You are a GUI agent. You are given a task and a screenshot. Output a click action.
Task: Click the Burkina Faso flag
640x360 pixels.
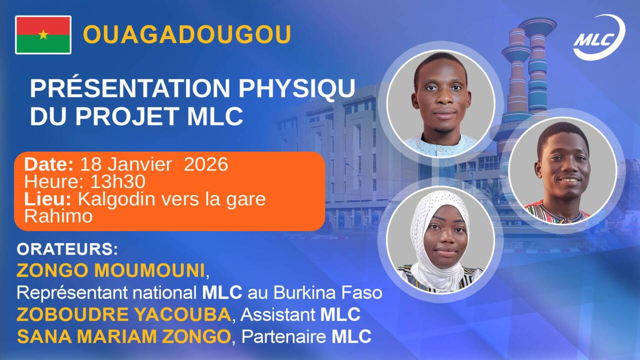coord(43,34)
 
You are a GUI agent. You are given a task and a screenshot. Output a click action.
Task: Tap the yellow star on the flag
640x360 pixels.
coord(43,34)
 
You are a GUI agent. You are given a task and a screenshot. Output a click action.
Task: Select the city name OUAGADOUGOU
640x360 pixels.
coord(186,34)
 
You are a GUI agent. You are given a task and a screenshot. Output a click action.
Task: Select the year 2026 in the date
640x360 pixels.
coord(206,164)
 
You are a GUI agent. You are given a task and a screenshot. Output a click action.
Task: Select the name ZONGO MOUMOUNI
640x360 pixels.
coord(111,270)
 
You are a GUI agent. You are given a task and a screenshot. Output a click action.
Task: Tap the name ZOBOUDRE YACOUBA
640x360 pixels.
coord(123,314)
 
